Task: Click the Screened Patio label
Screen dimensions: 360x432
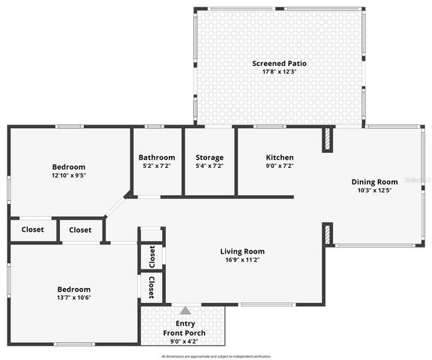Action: pos(279,63)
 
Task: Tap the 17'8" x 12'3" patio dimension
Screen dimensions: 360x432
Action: pos(279,72)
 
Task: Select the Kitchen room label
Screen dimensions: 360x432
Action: pos(280,157)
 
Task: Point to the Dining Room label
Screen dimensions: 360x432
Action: pos(375,181)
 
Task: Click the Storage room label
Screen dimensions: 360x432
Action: pos(209,157)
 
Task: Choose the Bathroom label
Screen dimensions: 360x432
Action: pos(156,157)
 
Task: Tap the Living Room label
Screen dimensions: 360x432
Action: pos(242,251)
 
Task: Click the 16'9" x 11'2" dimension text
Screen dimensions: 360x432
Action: pos(242,260)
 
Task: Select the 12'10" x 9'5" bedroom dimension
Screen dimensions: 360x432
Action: pos(68,175)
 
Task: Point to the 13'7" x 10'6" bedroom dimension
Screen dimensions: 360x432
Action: pos(74,298)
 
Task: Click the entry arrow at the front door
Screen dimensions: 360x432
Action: pos(185,309)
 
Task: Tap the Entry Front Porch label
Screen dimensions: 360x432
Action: pos(184,328)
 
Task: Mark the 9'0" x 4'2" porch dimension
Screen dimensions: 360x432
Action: pos(184,341)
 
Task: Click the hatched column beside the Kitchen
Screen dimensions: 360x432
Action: pos(328,140)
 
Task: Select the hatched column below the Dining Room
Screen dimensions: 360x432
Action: pos(328,234)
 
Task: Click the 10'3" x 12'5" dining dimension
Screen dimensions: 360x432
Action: pos(375,190)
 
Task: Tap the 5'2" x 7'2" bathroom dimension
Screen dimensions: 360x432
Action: pos(156,166)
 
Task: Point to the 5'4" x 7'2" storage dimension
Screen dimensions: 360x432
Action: pos(209,166)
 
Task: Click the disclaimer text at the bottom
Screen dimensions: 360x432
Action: pos(216,356)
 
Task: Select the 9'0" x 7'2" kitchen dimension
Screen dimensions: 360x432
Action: pos(280,166)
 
